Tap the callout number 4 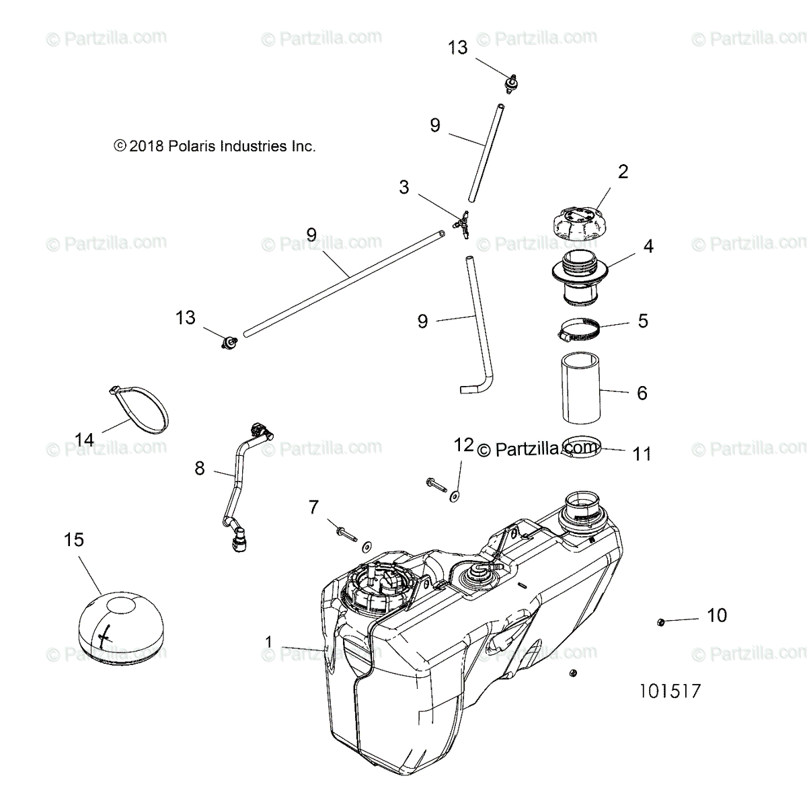click(x=648, y=247)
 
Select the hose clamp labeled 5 click(x=578, y=329)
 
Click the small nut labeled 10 click(x=660, y=622)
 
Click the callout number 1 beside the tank click(x=269, y=642)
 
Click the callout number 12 click(x=464, y=445)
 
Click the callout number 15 click(x=74, y=539)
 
